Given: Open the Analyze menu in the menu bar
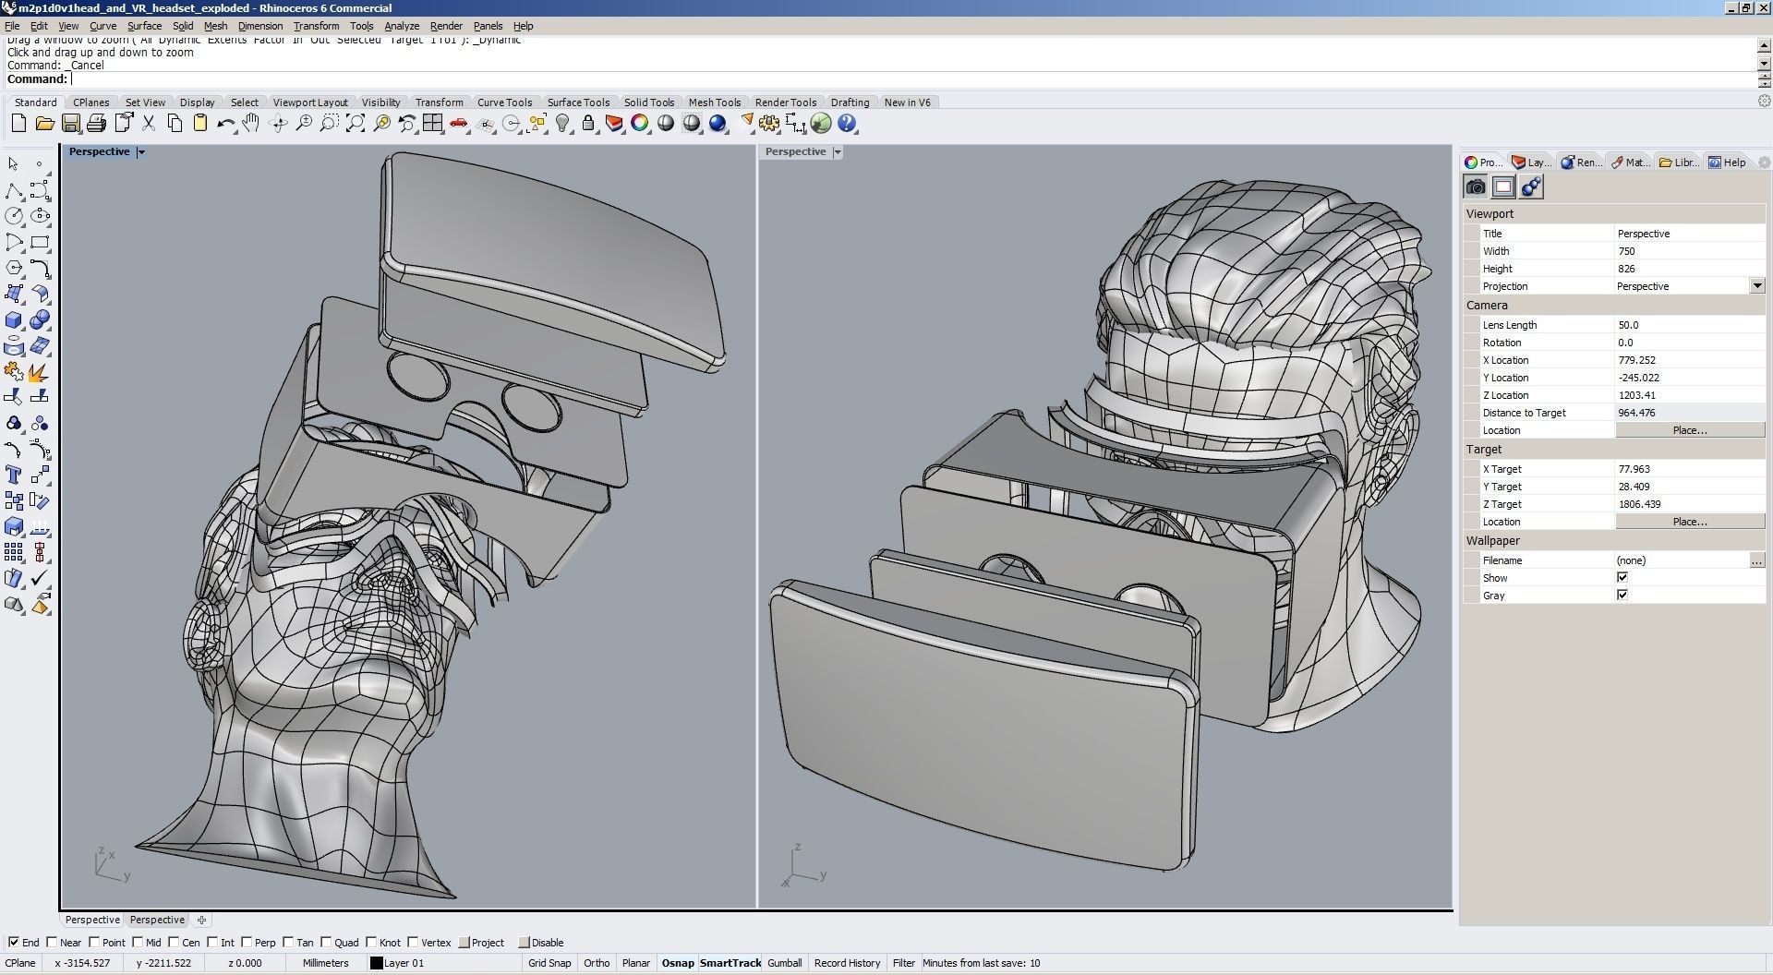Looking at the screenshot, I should tap(401, 26).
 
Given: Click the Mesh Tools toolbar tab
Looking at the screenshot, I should tap(714, 102).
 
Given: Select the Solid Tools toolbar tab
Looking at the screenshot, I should tap(648, 102).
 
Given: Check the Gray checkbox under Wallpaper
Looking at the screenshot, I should tap(1622, 596).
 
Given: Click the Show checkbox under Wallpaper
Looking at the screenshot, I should tap(1622, 578).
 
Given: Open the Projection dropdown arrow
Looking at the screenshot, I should tap(1756, 286).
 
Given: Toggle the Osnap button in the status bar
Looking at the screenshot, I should tap(677, 963).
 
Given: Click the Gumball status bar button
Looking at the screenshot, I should tap(784, 963).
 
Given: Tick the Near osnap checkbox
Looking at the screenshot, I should tap(53, 943).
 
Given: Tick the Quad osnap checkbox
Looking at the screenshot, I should tap(328, 943).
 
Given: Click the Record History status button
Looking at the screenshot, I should tap(846, 963).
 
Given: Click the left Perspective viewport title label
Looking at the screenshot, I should tap(99, 151).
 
